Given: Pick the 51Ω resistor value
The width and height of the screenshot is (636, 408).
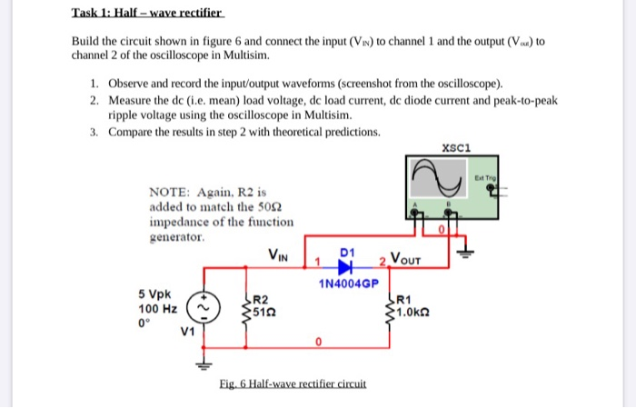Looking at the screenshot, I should point(263,311).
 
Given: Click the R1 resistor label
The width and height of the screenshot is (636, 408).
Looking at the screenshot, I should point(406,300).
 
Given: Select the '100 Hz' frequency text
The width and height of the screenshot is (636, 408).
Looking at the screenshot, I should point(157,309).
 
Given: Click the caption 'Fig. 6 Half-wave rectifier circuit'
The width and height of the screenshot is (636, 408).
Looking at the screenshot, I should point(293,383).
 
